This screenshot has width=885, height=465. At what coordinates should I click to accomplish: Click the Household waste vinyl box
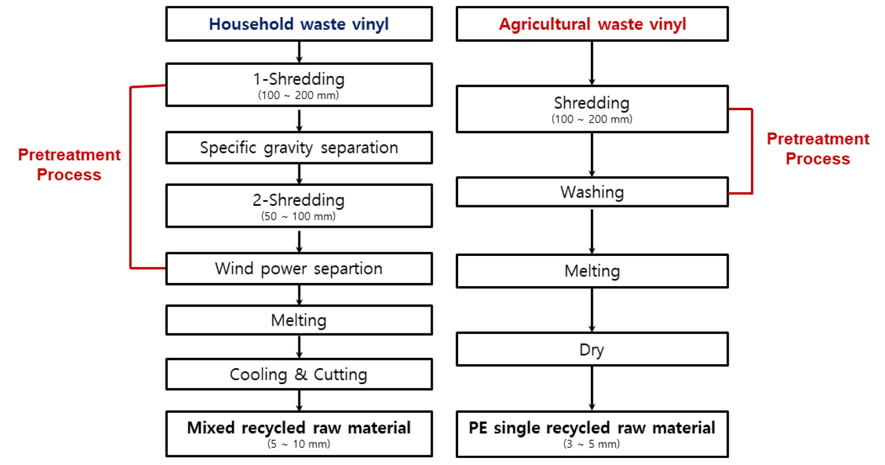tap(299, 24)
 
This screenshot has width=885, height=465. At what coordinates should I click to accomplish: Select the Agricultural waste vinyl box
tap(592, 24)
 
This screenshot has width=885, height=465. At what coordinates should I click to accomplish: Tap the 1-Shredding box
tap(299, 85)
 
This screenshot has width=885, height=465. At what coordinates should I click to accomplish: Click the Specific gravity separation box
tap(299, 147)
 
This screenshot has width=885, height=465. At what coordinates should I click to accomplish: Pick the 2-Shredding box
tap(299, 205)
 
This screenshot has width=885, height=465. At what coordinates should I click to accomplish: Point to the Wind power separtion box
tap(299, 269)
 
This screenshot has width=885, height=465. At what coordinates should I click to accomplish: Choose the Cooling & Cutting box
tap(299, 374)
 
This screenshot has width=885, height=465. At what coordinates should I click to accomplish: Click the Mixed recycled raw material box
tap(299, 433)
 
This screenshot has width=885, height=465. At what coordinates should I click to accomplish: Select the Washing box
tap(592, 192)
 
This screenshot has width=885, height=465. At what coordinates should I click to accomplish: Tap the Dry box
tap(592, 349)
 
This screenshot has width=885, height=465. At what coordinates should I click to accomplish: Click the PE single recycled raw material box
tap(592, 433)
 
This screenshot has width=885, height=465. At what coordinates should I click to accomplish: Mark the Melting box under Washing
tap(592, 271)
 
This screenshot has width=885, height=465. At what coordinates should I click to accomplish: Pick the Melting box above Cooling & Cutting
tap(299, 320)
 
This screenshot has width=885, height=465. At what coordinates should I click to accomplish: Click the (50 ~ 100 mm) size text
tap(298, 216)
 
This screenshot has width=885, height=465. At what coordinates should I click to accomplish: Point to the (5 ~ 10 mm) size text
tap(299, 444)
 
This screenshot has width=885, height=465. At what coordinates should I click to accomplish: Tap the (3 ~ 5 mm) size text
tap(592, 444)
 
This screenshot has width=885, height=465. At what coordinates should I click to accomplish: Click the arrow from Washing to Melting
tap(592, 231)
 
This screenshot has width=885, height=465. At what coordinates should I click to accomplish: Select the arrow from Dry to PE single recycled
tap(592, 388)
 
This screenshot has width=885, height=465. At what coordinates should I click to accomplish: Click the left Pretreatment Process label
tap(69, 165)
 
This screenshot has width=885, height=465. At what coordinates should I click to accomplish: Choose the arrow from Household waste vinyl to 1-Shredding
tap(299, 52)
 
